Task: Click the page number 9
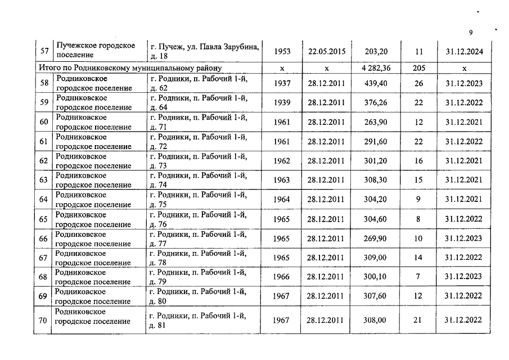471,32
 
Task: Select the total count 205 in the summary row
418,68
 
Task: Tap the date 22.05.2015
326,51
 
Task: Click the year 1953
282,51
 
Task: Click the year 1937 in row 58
282,84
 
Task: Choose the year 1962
282,161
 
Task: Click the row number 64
42,200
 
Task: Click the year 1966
282,277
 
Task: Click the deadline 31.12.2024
464,51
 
